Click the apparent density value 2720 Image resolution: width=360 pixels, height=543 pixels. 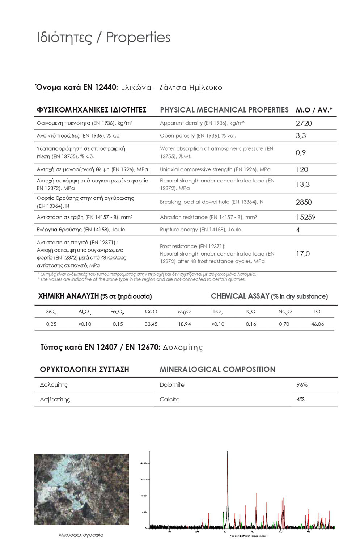pos(304,123)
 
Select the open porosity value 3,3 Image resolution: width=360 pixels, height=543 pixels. pos(301,136)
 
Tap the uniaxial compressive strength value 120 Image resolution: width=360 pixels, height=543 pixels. pos(302,169)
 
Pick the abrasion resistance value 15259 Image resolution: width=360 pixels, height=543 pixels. pos(306,217)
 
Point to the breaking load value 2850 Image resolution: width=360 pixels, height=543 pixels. pos(304,202)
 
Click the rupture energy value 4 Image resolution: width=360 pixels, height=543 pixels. pos(298,230)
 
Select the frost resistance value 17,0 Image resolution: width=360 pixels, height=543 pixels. pos(303,254)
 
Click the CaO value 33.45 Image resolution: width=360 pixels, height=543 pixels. pos(151,324)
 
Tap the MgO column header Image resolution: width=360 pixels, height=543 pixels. pos(184,311)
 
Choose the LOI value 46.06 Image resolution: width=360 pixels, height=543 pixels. pos(317,324)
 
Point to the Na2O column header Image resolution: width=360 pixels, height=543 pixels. pos(285,312)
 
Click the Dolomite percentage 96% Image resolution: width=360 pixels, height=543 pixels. pos(302,385)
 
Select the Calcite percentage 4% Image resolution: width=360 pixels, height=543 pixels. pos(300,399)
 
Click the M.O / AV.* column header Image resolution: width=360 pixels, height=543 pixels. pos(314,110)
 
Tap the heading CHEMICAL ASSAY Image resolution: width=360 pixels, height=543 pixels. pos(240,296)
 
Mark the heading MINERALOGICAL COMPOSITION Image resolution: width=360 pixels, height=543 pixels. pos(217,369)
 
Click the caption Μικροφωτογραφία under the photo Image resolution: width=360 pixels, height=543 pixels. pos(81,535)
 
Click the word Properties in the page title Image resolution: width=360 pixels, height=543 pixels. pos(138,37)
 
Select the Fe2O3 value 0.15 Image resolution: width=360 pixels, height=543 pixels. pos(118,324)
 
